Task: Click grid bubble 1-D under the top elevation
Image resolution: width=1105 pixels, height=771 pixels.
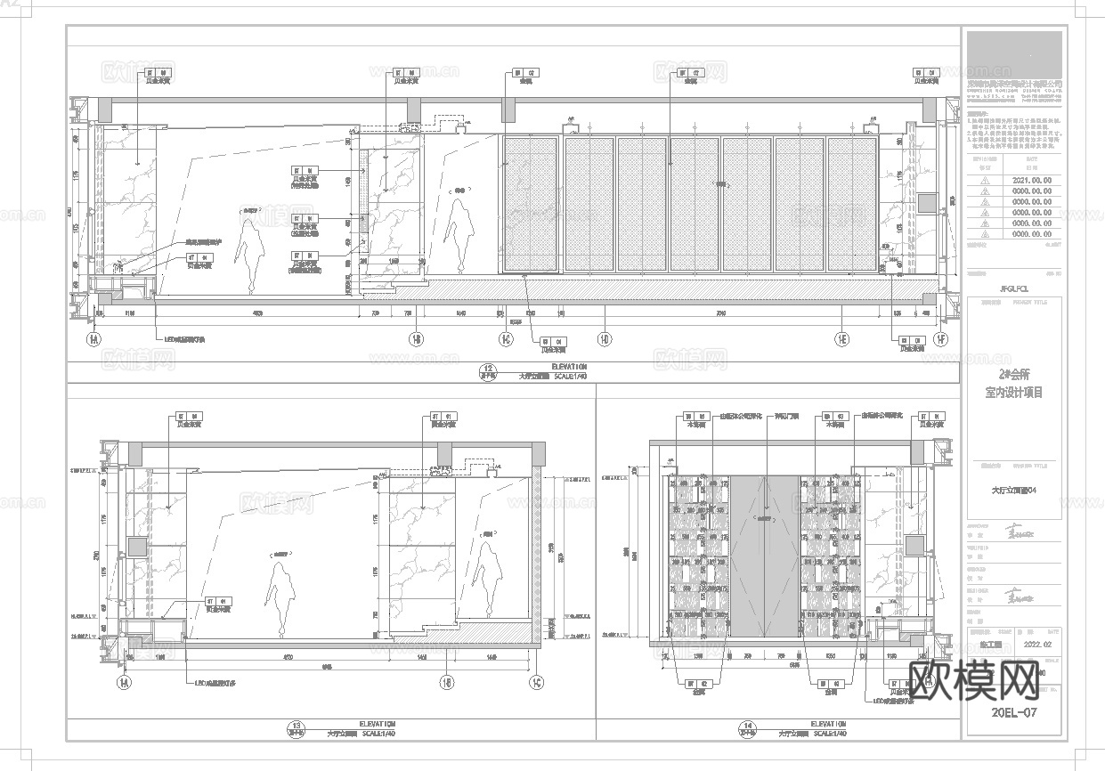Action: coord(605,339)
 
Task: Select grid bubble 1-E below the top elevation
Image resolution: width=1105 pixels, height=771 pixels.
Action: coord(841,339)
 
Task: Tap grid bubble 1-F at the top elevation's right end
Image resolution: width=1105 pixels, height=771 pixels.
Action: coord(941,339)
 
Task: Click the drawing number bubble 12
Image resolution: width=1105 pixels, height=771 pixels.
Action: coord(487,370)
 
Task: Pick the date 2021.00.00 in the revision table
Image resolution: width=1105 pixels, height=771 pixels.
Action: coord(1032,179)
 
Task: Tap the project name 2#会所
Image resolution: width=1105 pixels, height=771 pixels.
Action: coord(1012,375)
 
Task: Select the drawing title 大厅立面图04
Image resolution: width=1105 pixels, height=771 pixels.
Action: coord(1013,489)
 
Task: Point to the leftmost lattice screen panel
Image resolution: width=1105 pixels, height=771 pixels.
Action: coord(531,204)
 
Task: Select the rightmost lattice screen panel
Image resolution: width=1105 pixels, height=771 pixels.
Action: coord(852,204)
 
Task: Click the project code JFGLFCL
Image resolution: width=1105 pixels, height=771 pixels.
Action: coord(1013,288)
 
